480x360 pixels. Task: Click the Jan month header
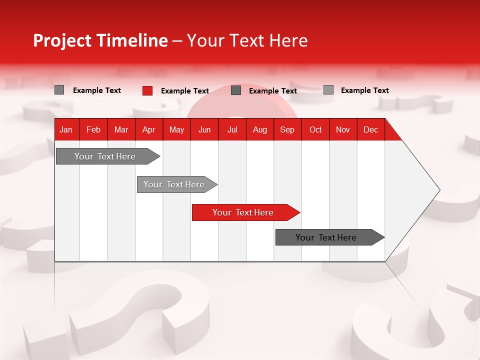pyautogui.click(x=66, y=129)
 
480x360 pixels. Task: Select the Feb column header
pyautogui.click(x=93, y=129)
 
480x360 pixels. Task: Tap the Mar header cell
pyautogui.click(x=121, y=129)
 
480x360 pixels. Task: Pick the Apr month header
pyautogui.click(x=149, y=129)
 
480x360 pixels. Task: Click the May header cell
pyautogui.click(x=176, y=129)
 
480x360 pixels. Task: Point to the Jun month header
pyautogui.click(x=204, y=129)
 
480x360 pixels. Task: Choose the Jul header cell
pyautogui.click(x=232, y=129)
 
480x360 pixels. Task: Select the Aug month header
pyautogui.click(x=260, y=129)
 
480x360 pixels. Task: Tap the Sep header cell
pyautogui.click(x=287, y=129)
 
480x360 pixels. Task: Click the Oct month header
pyautogui.click(x=315, y=129)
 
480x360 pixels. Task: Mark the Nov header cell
pyautogui.click(x=343, y=129)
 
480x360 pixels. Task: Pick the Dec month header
pyautogui.click(x=371, y=129)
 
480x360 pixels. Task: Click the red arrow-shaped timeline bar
pyautogui.click(x=243, y=212)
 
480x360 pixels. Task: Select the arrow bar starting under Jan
pyautogui.click(x=105, y=156)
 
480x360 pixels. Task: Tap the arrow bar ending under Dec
pyautogui.click(x=326, y=237)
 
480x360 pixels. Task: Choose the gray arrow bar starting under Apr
pyautogui.click(x=174, y=184)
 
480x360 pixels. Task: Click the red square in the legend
pyautogui.click(x=147, y=90)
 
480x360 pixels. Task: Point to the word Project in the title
pyautogui.click(x=62, y=40)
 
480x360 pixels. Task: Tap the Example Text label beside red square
pyautogui.click(x=185, y=91)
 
